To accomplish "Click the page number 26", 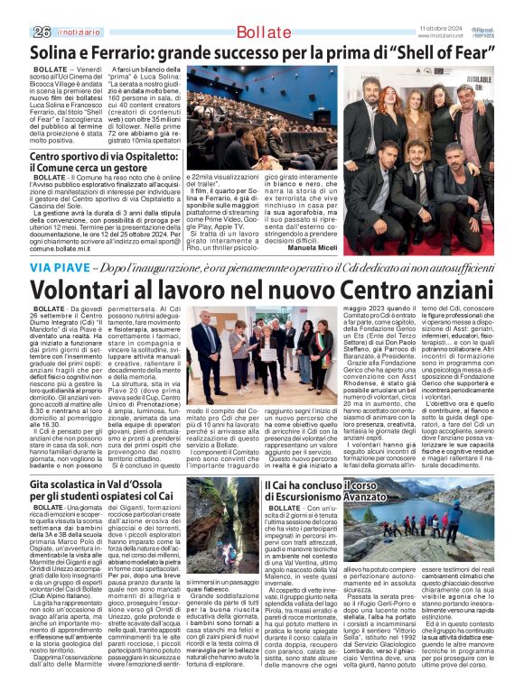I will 40,32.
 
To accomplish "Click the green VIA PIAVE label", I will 53,268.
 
